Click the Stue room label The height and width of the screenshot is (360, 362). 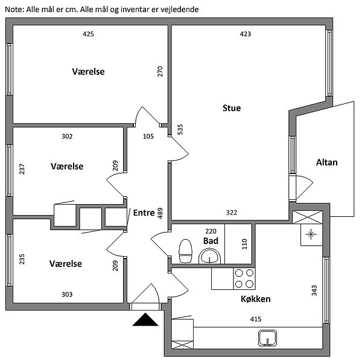[x=232, y=109]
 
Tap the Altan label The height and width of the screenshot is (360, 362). [x=326, y=162]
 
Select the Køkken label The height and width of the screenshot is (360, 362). [x=255, y=299]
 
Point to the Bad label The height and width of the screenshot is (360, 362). [x=211, y=240]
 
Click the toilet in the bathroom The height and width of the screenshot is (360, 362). [x=186, y=250]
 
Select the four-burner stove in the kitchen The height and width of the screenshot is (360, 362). [x=244, y=278]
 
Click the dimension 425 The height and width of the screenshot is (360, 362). [x=88, y=34]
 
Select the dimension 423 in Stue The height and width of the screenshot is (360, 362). [x=245, y=34]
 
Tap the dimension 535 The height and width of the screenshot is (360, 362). [x=180, y=129]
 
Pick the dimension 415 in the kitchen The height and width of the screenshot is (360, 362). [x=256, y=320]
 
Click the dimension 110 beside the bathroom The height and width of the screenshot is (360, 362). [x=244, y=245]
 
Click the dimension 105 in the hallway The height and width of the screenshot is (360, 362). [x=148, y=137]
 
